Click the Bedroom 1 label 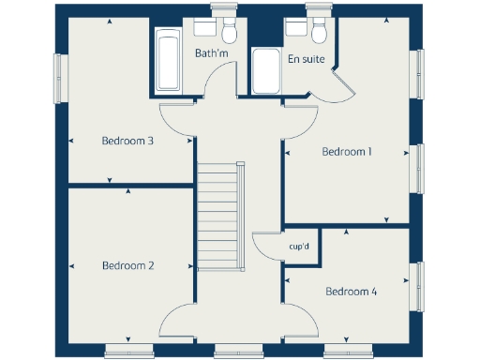point(347,151)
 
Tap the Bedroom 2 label point(127,265)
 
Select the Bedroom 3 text point(127,142)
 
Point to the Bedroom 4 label point(351,292)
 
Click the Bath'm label point(211,53)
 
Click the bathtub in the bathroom point(169,60)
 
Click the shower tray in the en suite point(266,71)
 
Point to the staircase point(218,216)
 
